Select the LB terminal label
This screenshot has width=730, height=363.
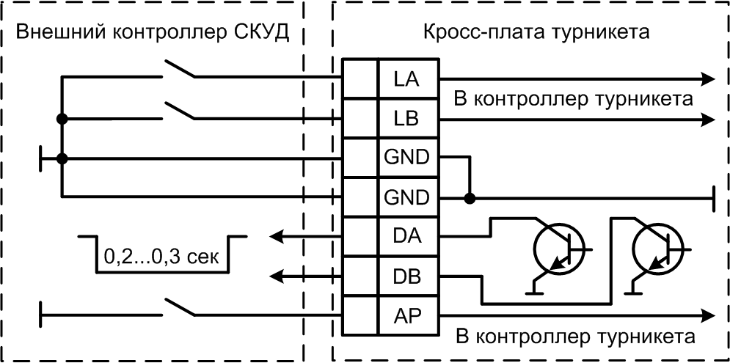pos(406,117)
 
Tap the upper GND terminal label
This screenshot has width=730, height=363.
pos(406,157)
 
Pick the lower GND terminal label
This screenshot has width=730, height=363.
pos(406,197)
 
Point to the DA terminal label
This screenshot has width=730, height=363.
pos(406,237)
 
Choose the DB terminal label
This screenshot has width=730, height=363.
pos(406,276)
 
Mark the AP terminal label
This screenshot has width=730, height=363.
pos(406,316)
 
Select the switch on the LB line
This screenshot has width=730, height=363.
pos(178,111)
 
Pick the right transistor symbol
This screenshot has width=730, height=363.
pos(655,250)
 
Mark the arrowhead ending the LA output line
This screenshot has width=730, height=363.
pos(707,78)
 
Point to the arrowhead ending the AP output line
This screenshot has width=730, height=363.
pos(707,316)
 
